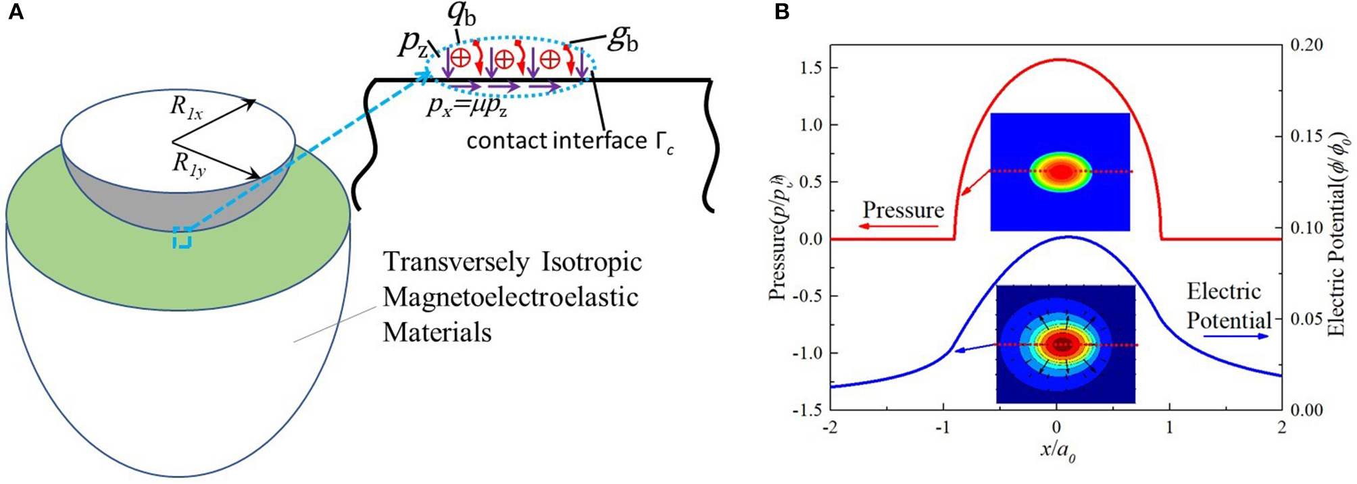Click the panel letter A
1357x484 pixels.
pos(15,12)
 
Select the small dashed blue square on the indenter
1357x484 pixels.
pos(182,238)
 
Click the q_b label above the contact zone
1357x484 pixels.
pos(462,15)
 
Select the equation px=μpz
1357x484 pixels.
pos(466,107)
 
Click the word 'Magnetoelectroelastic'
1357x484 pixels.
pos(511,297)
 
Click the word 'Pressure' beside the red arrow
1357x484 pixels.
pos(903,210)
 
